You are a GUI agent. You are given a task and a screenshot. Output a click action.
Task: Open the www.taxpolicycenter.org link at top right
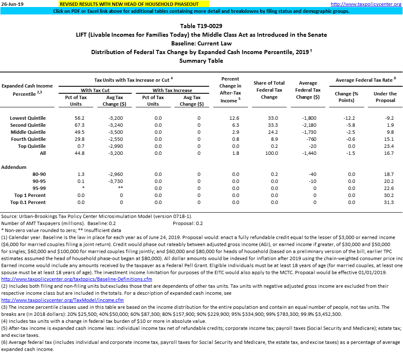click(x=366, y=4)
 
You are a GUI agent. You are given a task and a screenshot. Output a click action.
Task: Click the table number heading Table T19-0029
click(x=201, y=26)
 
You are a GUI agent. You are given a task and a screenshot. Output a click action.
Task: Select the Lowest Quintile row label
click(x=28, y=118)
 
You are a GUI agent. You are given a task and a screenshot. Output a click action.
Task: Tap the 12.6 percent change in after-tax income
click(x=234, y=118)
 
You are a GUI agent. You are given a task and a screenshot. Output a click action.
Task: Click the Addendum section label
click(x=14, y=167)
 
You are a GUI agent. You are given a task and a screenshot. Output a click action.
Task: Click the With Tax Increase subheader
click(x=172, y=90)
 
